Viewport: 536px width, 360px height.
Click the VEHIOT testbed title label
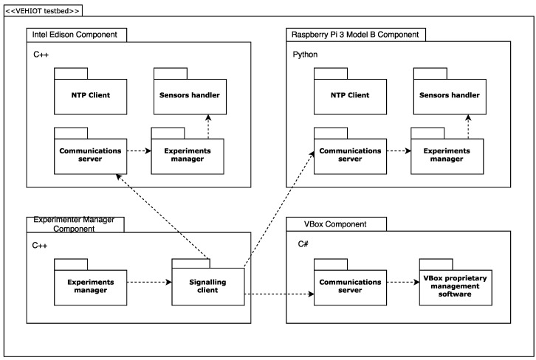[42, 10]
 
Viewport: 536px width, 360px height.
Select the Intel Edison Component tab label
[76, 35]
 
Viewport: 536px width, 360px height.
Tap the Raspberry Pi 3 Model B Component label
[356, 35]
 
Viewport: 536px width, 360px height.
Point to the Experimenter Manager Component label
[75, 224]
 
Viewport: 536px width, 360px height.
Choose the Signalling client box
[207, 286]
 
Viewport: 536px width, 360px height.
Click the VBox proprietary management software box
[456, 286]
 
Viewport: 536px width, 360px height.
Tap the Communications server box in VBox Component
[349, 286]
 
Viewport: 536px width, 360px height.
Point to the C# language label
[303, 244]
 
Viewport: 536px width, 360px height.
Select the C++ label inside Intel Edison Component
[41, 55]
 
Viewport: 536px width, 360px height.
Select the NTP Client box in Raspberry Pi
[349, 95]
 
